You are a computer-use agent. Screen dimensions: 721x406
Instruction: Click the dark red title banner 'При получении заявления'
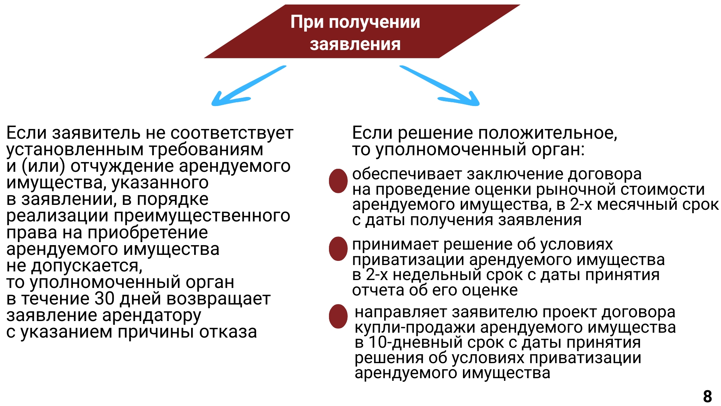coord(362,32)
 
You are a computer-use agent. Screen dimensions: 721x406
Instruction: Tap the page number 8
coord(707,396)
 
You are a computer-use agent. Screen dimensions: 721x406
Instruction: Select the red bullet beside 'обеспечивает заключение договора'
coord(338,181)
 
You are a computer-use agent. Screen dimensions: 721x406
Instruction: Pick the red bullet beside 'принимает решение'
coord(338,248)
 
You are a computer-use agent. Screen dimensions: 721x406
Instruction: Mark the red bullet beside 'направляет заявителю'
coord(338,316)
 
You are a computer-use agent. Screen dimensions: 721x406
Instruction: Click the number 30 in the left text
coord(104,299)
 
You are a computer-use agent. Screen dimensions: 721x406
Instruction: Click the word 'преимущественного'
coord(202,216)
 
